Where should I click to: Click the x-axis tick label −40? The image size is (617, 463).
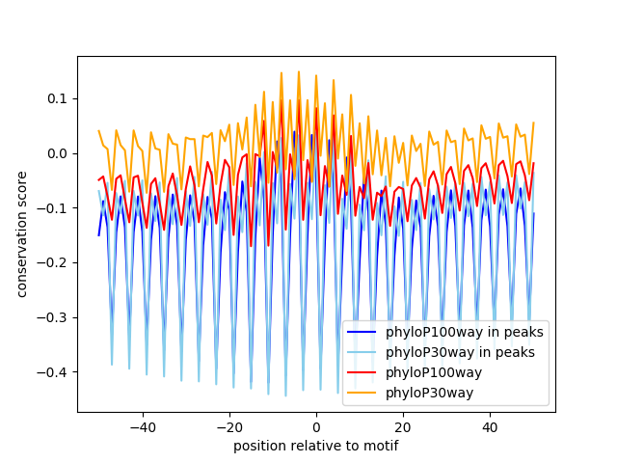click(x=142, y=426)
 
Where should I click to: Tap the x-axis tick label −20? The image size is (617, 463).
click(x=228, y=426)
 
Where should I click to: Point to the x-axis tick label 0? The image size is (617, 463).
click(x=315, y=426)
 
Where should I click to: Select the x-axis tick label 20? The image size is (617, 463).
click(x=402, y=426)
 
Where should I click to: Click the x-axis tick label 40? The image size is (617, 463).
click(x=489, y=426)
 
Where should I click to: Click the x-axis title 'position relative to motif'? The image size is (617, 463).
click(x=315, y=446)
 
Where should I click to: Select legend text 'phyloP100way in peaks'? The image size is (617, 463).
click(x=463, y=333)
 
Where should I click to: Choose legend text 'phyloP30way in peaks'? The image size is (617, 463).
click(x=460, y=352)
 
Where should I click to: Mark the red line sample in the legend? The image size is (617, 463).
click(x=363, y=371)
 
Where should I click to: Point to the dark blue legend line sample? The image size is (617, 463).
click(x=363, y=333)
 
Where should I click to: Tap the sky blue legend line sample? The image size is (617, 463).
click(x=363, y=352)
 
